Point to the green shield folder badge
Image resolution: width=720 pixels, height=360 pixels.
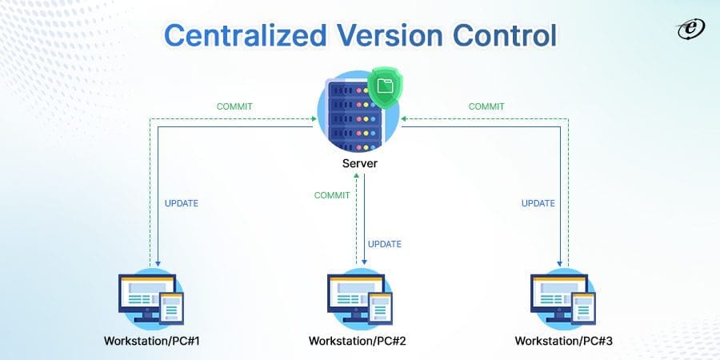click(x=386, y=86)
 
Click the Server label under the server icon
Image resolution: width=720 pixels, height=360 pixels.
click(x=359, y=164)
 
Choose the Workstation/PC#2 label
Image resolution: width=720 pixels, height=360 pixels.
click(x=359, y=341)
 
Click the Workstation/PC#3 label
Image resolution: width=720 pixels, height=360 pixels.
click(x=565, y=341)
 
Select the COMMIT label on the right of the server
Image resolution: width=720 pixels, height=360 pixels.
click(x=486, y=106)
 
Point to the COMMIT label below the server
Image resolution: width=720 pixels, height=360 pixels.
click(x=331, y=195)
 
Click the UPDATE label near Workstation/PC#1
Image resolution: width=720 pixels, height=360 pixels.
click(x=181, y=203)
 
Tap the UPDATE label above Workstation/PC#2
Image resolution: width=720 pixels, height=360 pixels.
click(x=384, y=244)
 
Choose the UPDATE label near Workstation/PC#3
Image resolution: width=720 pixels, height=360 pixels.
click(x=538, y=203)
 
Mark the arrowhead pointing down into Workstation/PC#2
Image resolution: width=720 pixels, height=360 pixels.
click(x=365, y=262)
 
